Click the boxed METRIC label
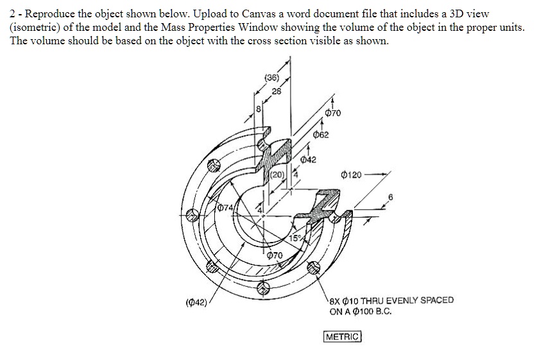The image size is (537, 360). (343, 336)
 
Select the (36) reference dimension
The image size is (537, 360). (272, 78)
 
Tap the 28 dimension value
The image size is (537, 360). (277, 90)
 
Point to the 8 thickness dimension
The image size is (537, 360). (258, 110)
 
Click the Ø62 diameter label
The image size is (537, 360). (321, 135)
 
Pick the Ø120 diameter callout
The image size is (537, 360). (352, 174)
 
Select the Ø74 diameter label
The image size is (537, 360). (225, 207)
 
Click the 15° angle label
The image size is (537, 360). (296, 239)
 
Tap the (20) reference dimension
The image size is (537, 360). (277, 175)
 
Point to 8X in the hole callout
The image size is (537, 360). (336, 300)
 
